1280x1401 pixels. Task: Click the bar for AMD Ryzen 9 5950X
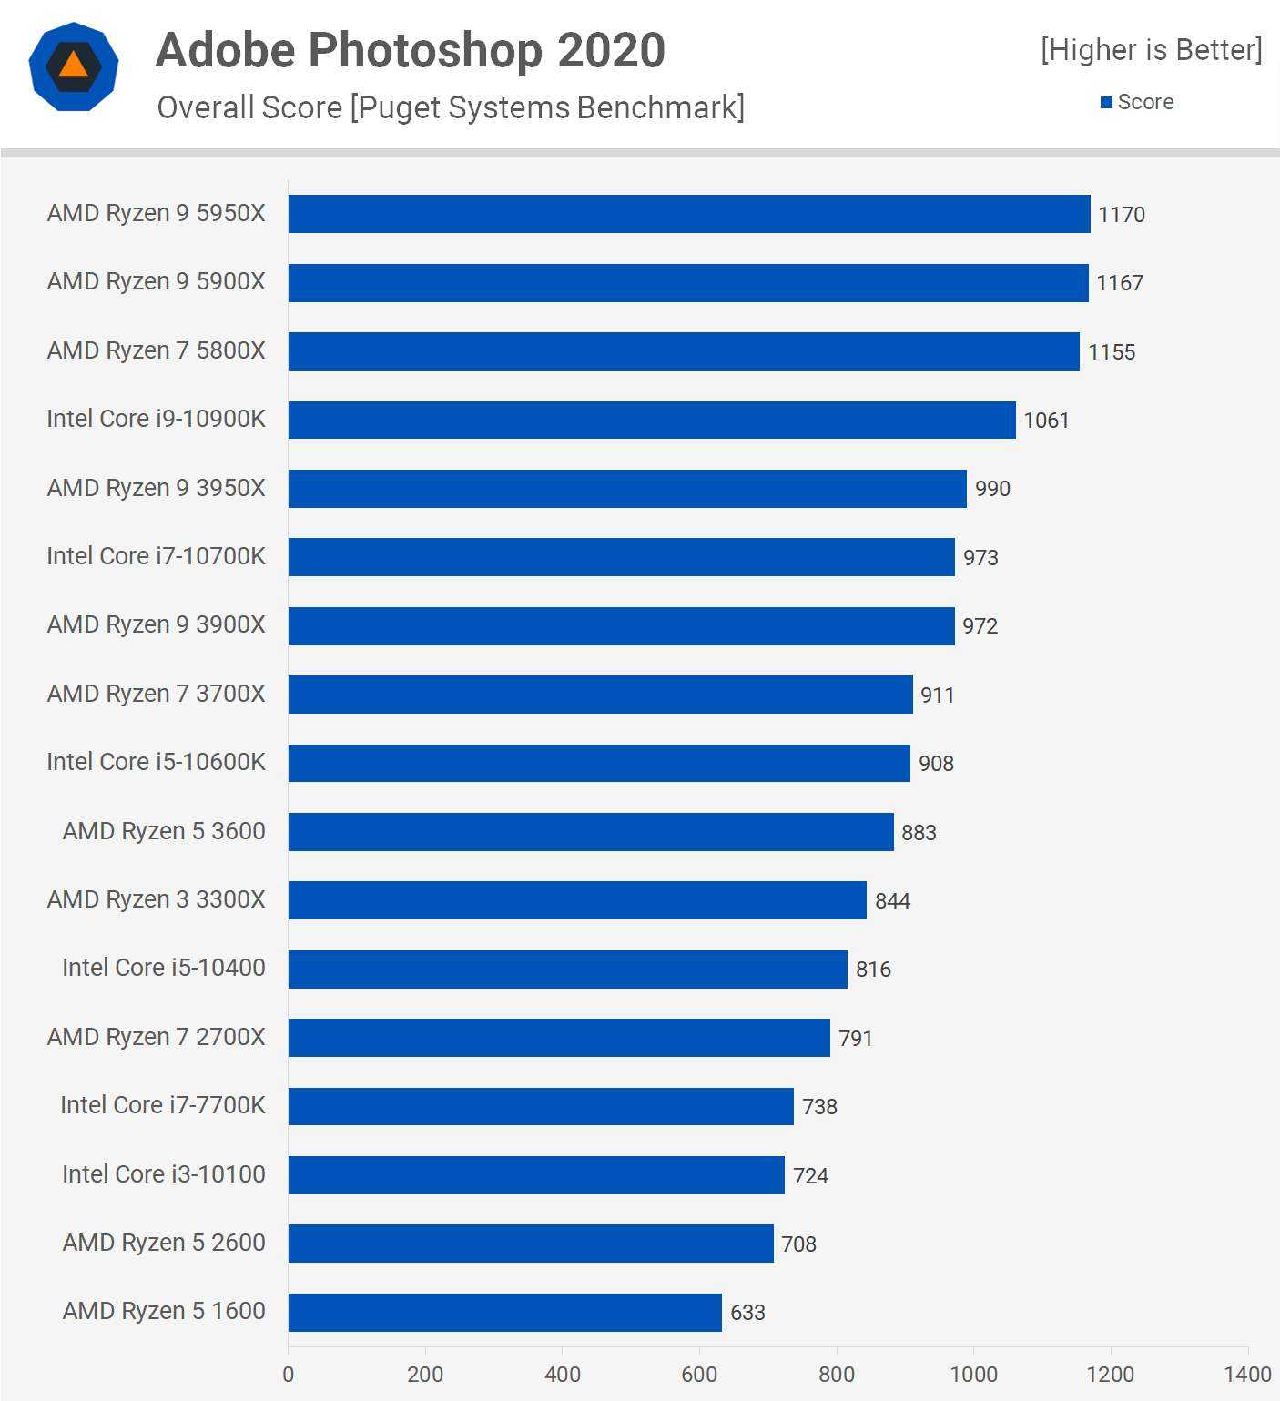[689, 214]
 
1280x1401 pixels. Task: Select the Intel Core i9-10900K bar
[652, 420]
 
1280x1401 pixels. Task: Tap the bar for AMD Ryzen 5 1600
[505, 1312]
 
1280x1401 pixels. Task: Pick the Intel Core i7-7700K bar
[541, 1106]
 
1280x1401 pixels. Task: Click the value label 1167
[1119, 283]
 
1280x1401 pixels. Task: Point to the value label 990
[992, 489]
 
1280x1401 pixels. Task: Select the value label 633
[747, 1313]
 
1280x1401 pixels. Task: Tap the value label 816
[873, 970]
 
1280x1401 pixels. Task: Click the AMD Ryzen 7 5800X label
[156, 350]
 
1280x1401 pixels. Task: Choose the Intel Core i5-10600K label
[156, 762]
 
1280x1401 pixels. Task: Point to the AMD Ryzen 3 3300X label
[156, 899]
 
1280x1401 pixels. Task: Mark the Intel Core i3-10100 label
[163, 1174]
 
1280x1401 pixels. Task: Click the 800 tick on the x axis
[837, 1374]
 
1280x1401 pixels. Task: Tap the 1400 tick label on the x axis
[1247, 1374]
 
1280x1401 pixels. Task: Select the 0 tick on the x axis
[289, 1374]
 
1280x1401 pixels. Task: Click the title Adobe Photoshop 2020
[411, 50]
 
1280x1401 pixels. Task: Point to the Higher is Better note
[1152, 50]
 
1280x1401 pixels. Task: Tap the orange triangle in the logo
[73, 66]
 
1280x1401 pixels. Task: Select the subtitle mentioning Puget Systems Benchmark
[451, 107]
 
